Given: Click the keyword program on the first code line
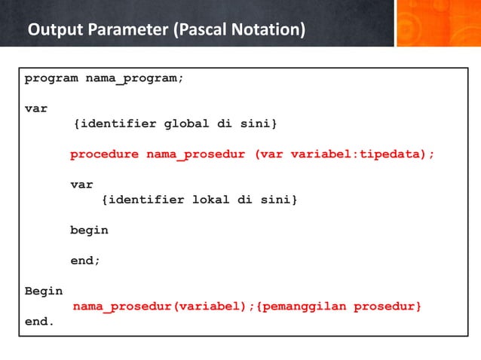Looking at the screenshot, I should click(x=51, y=78).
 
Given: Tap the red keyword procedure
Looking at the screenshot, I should click(x=104, y=154).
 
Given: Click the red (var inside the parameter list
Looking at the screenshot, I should click(x=268, y=154).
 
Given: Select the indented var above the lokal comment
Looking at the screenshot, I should click(x=81, y=185).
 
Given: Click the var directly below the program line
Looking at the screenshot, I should click(x=35, y=108).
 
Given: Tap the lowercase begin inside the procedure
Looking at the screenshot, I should click(x=89, y=230).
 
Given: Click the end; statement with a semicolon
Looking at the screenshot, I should click(x=85, y=261).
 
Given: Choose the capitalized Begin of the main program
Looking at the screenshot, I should click(x=44, y=291).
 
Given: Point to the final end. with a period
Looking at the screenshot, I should click(x=39, y=322).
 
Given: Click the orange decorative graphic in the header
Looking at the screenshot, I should click(x=437, y=23).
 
